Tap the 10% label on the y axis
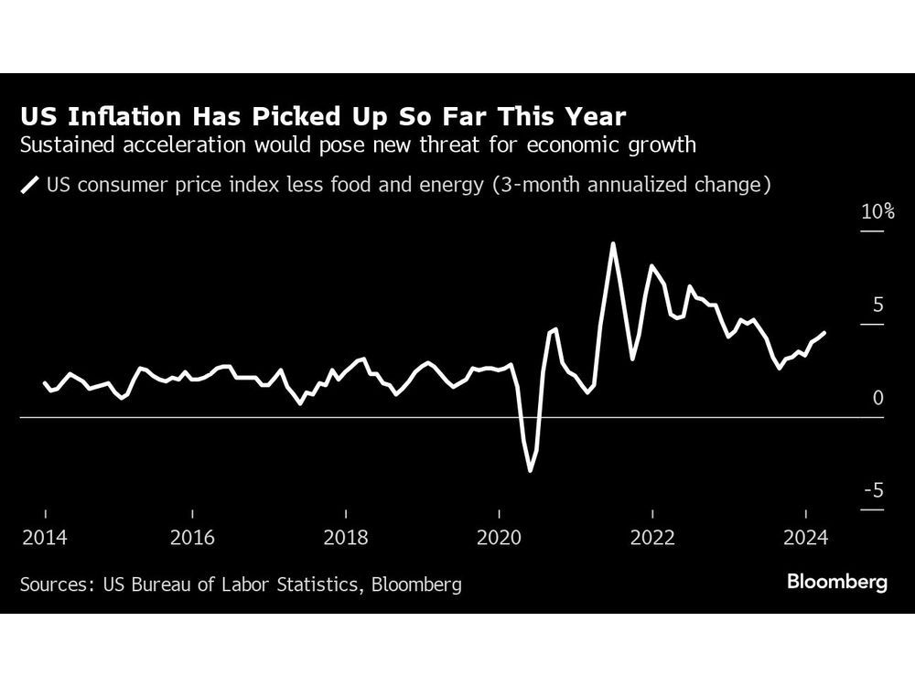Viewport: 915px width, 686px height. (x=877, y=211)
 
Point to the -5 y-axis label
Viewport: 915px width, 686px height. (x=875, y=491)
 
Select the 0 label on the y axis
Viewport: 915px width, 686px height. (x=877, y=398)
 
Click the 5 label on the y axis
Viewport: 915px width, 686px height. (x=877, y=305)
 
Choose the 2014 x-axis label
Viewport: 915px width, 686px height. (x=44, y=537)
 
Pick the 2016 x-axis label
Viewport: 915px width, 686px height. (x=192, y=537)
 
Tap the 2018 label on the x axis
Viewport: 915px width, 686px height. (x=346, y=537)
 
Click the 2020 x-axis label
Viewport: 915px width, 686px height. (x=499, y=537)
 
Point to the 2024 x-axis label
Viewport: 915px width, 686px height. (x=804, y=537)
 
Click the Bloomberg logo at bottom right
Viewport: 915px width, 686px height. (x=836, y=583)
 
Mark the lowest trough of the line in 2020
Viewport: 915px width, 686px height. (x=530, y=471)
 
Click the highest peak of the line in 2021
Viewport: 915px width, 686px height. (x=612, y=243)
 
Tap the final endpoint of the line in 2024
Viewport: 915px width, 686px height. (x=825, y=333)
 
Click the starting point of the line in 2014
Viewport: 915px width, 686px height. (x=44, y=382)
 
